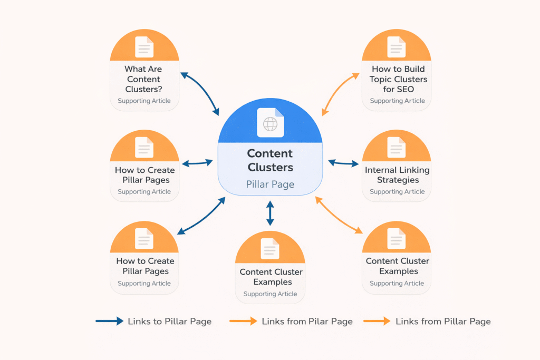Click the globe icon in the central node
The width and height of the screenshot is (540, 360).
270,123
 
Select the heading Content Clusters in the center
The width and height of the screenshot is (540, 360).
270,160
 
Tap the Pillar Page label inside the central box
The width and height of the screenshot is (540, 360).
270,184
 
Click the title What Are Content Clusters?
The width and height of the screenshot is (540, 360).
143,79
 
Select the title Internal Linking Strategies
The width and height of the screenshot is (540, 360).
397,175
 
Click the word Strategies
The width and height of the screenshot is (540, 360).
397,180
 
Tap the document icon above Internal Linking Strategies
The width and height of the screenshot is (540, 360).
397,147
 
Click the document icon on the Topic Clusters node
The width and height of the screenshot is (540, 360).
397,47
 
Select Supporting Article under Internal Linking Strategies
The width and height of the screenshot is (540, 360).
397,192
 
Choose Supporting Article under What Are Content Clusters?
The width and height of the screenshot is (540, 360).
144,101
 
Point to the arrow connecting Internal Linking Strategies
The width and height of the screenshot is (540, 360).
343,163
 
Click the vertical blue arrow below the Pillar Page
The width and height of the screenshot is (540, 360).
270,213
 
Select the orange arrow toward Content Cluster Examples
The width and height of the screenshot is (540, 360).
339,215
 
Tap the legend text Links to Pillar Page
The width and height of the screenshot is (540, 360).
169,321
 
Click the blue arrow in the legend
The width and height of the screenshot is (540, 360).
109,321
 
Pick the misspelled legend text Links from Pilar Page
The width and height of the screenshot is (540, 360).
307,321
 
